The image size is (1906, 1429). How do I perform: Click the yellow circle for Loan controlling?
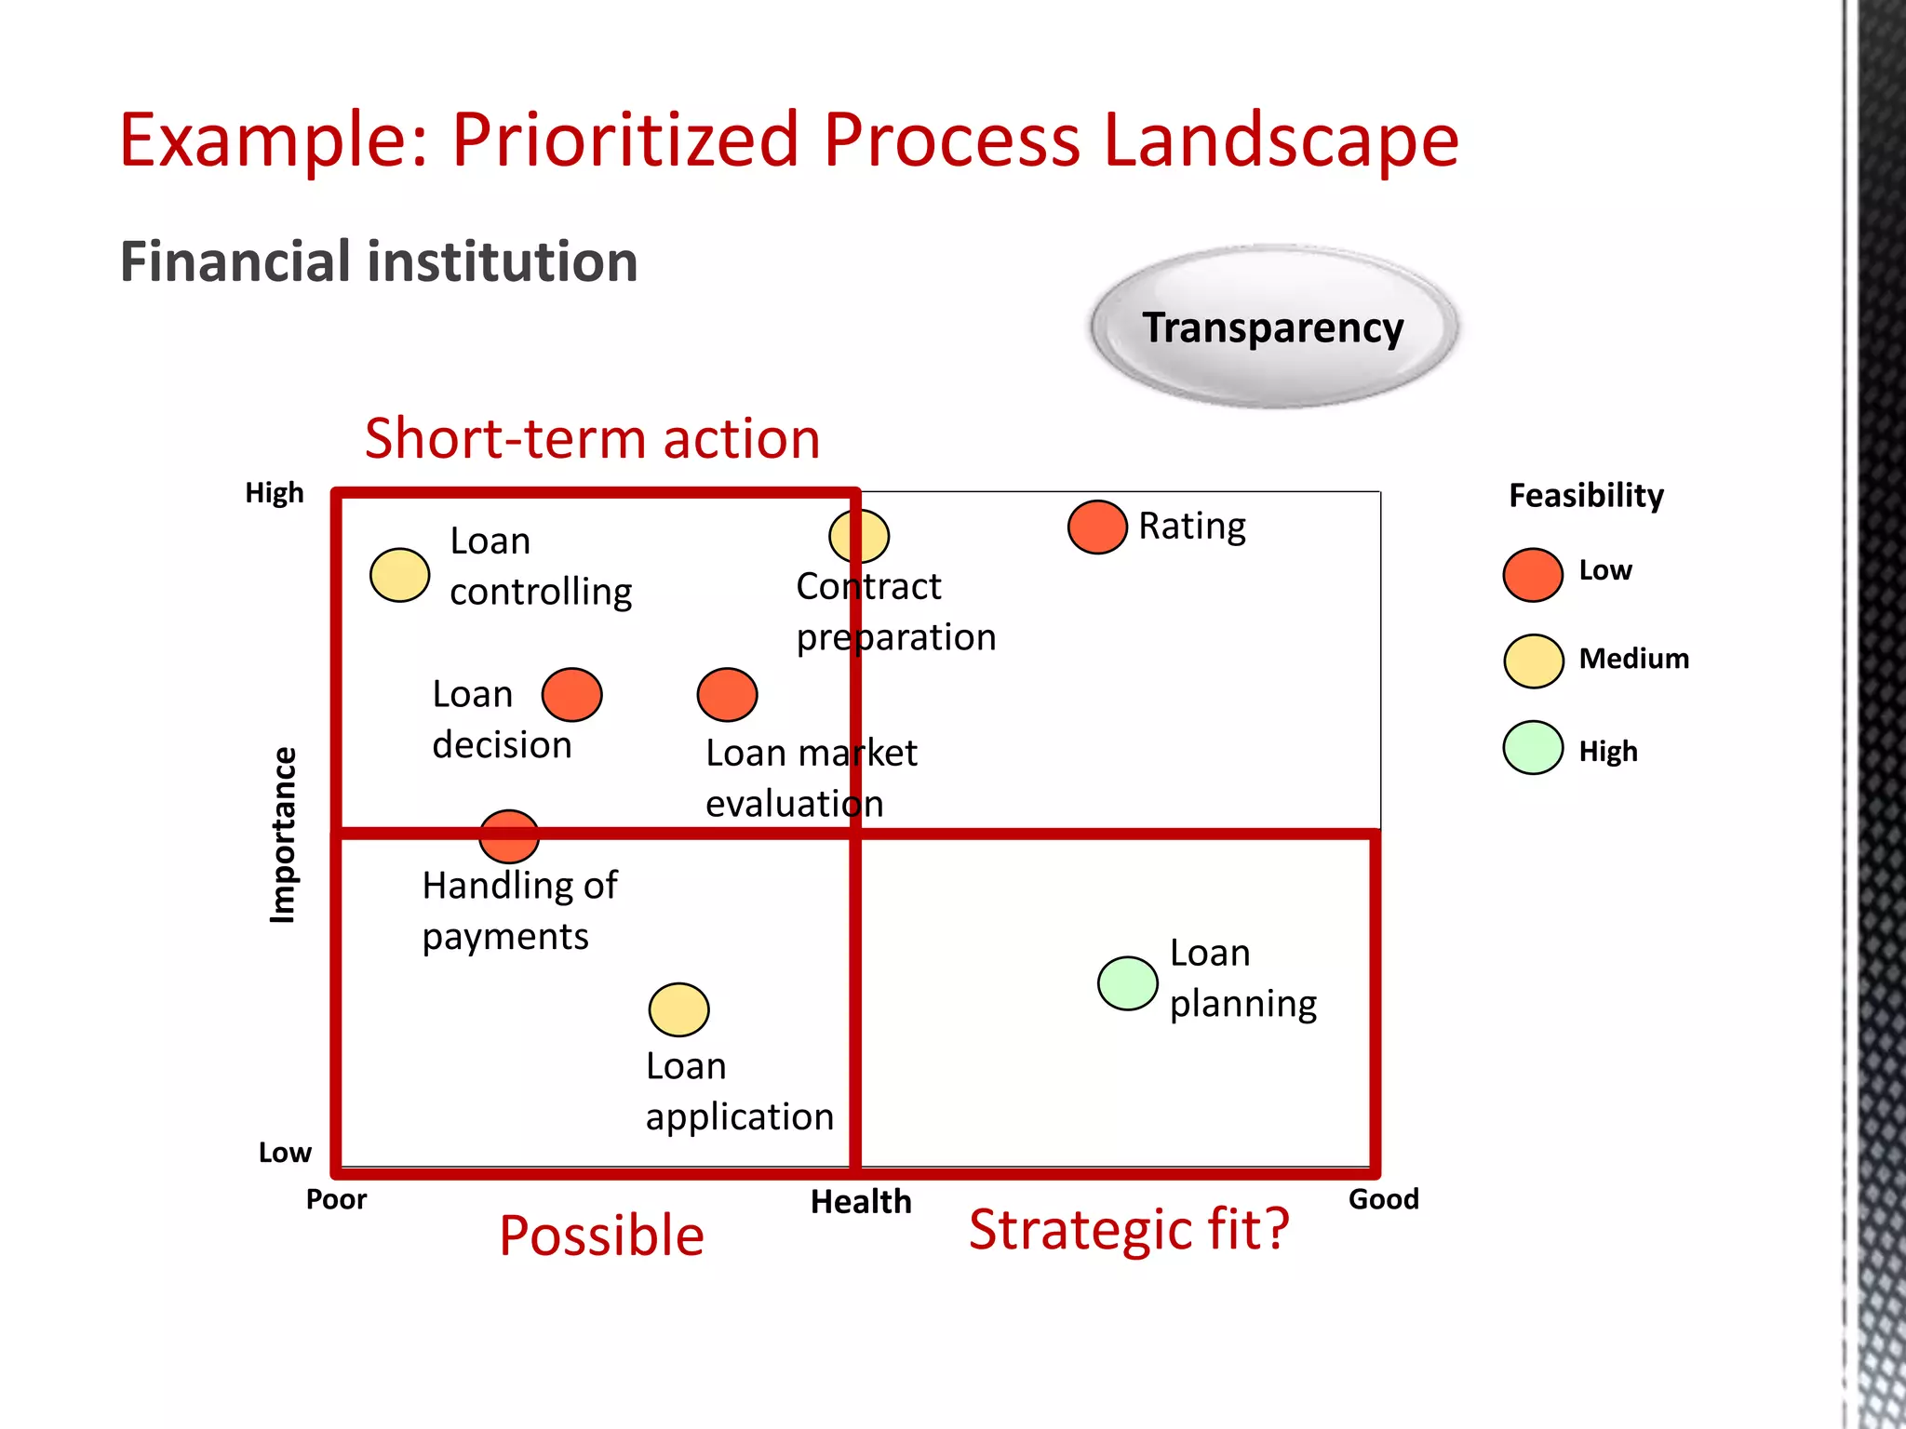click(x=399, y=575)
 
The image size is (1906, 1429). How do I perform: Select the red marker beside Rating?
click(x=1097, y=528)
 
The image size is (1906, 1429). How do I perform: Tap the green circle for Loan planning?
click(x=1127, y=983)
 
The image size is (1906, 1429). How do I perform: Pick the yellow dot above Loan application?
click(x=678, y=1009)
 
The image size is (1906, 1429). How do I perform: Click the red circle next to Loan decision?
click(x=571, y=695)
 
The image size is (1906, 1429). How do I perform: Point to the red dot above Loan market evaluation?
click(x=727, y=695)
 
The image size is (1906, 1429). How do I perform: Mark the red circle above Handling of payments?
click(x=509, y=836)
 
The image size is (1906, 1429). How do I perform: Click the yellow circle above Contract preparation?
click(x=858, y=536)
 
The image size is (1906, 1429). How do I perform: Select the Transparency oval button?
click(x=1273, y=327)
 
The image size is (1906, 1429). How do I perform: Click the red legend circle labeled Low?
click(x=1532, y=575)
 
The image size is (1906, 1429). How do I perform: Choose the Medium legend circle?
click(x=1533, y=661)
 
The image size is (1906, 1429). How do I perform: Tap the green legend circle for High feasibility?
click(x=1532, y=748)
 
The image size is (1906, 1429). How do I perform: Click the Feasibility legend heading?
click(x=1586, y=496)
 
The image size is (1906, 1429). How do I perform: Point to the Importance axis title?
click(x=282, y=835)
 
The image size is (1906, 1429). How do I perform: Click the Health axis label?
click(x=861, y=1202)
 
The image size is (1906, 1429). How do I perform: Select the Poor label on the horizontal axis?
click(x=336, y=1199)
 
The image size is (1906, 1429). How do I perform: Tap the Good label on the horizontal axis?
click(x=1383, y=1199)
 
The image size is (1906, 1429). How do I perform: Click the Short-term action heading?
click(x=592, y=438)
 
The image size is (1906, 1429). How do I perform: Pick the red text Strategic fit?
click(x=1128, y=1230)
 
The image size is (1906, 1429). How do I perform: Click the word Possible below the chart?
click(x=601, y=1235)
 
